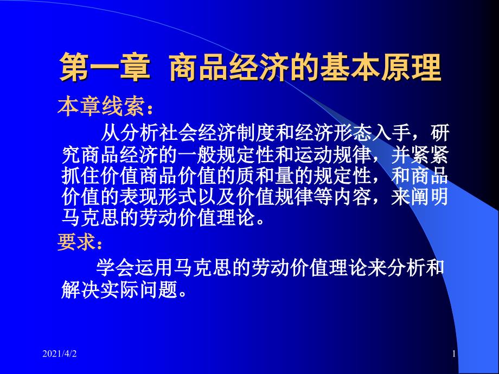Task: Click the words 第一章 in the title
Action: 103,68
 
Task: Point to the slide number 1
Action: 453,354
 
